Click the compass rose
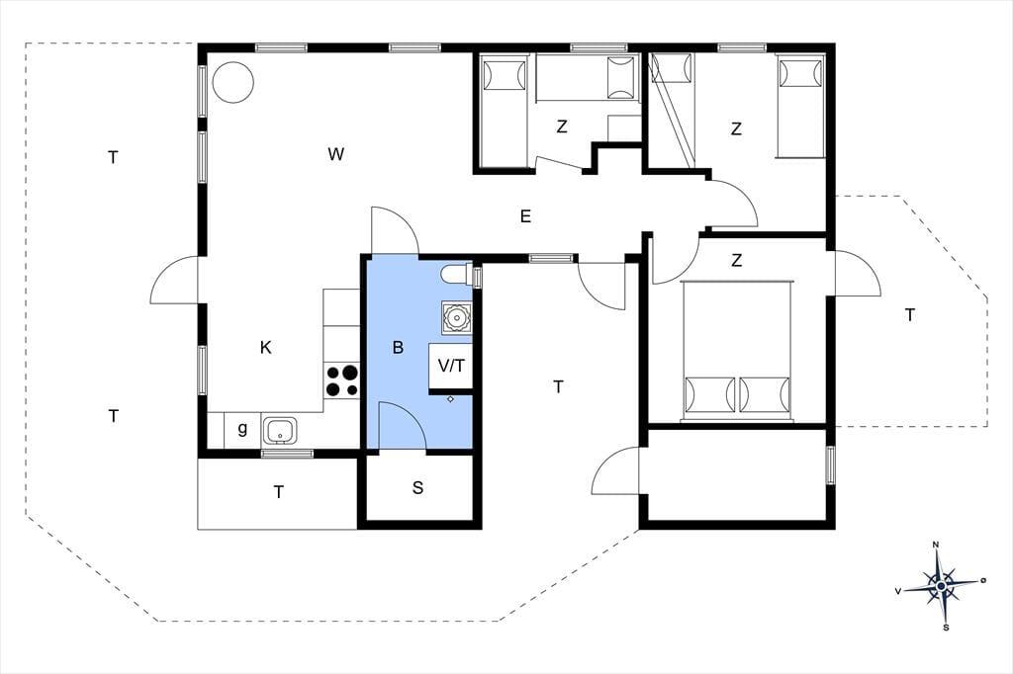point(942,585)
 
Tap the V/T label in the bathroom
point(451,366)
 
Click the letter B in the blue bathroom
point(398,347)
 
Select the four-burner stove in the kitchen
point(341,380)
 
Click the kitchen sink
point(280,431)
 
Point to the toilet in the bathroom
point(457,275)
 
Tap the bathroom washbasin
point(457,317)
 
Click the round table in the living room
point(233,82)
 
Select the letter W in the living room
point(336,154)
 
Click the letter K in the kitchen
point(265,347)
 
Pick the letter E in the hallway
point(525,216)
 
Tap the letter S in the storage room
point(418,487)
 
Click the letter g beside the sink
point(243,428)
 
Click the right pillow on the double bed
point(765,394)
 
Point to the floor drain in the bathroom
point(450,399)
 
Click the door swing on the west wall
point(174,280)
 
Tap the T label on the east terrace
point(910,315)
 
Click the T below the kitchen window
point(278,492)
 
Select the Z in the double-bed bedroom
point(736,260)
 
